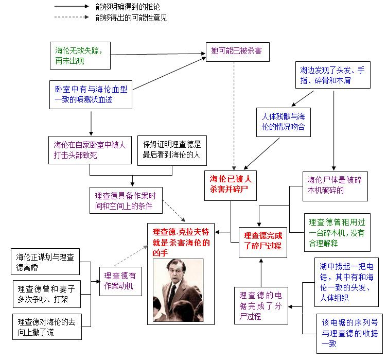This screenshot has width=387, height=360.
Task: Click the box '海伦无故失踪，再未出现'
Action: pyautogui.click(x=80, y=55)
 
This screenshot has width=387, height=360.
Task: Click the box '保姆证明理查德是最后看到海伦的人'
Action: pyautogui.click(x=171, y=150)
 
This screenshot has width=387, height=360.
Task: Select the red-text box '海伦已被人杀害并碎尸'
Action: pyautogui.click(x=231, y=184)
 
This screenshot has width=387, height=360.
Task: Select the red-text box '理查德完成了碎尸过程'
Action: pyautogui.click(x=262, y=241)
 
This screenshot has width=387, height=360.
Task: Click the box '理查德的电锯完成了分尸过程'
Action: pyautogui.click(x=260, y=305)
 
